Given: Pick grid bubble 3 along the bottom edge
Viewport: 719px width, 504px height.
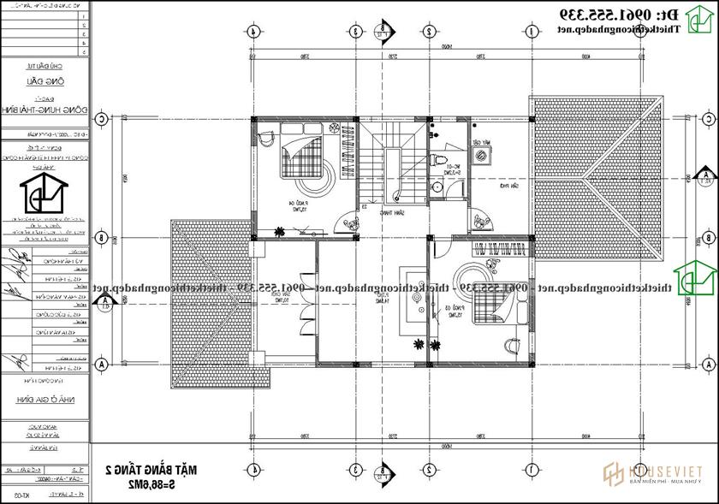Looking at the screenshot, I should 354,470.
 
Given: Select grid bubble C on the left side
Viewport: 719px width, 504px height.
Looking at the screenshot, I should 101,119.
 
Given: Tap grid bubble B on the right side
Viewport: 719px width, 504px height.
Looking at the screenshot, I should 707,238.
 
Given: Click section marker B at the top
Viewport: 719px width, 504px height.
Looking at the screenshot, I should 383,32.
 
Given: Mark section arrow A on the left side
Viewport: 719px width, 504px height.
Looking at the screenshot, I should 104,301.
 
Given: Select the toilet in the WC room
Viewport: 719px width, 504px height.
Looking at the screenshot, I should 439,161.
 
